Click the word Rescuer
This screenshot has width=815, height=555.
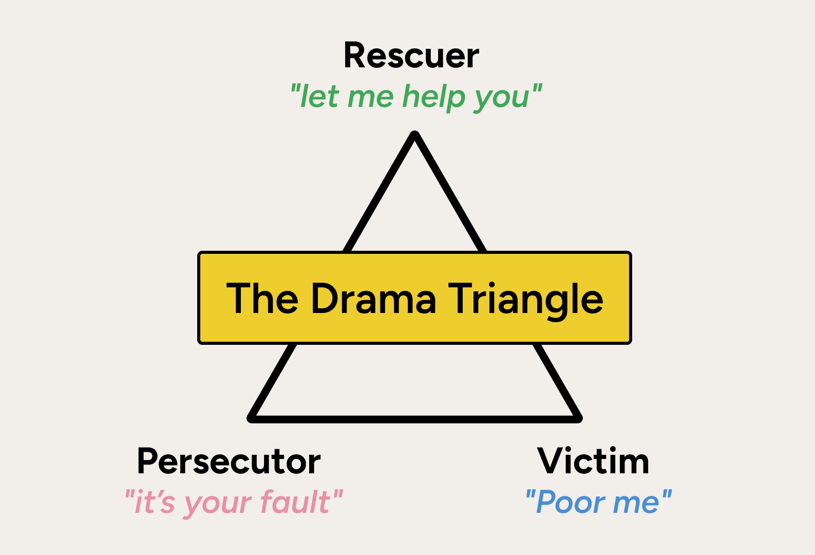point(411,55)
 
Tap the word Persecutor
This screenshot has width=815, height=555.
point(229,461)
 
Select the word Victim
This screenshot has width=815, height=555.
point(593,461)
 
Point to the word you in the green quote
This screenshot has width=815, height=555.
point(501,98)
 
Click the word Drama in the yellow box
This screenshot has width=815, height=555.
point(373,299)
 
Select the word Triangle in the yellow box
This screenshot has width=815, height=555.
point(525,300)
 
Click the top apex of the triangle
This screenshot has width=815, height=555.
point(415,136)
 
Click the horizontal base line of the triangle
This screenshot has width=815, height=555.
point(415,419)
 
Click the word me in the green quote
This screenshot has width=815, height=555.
point(370,98)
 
